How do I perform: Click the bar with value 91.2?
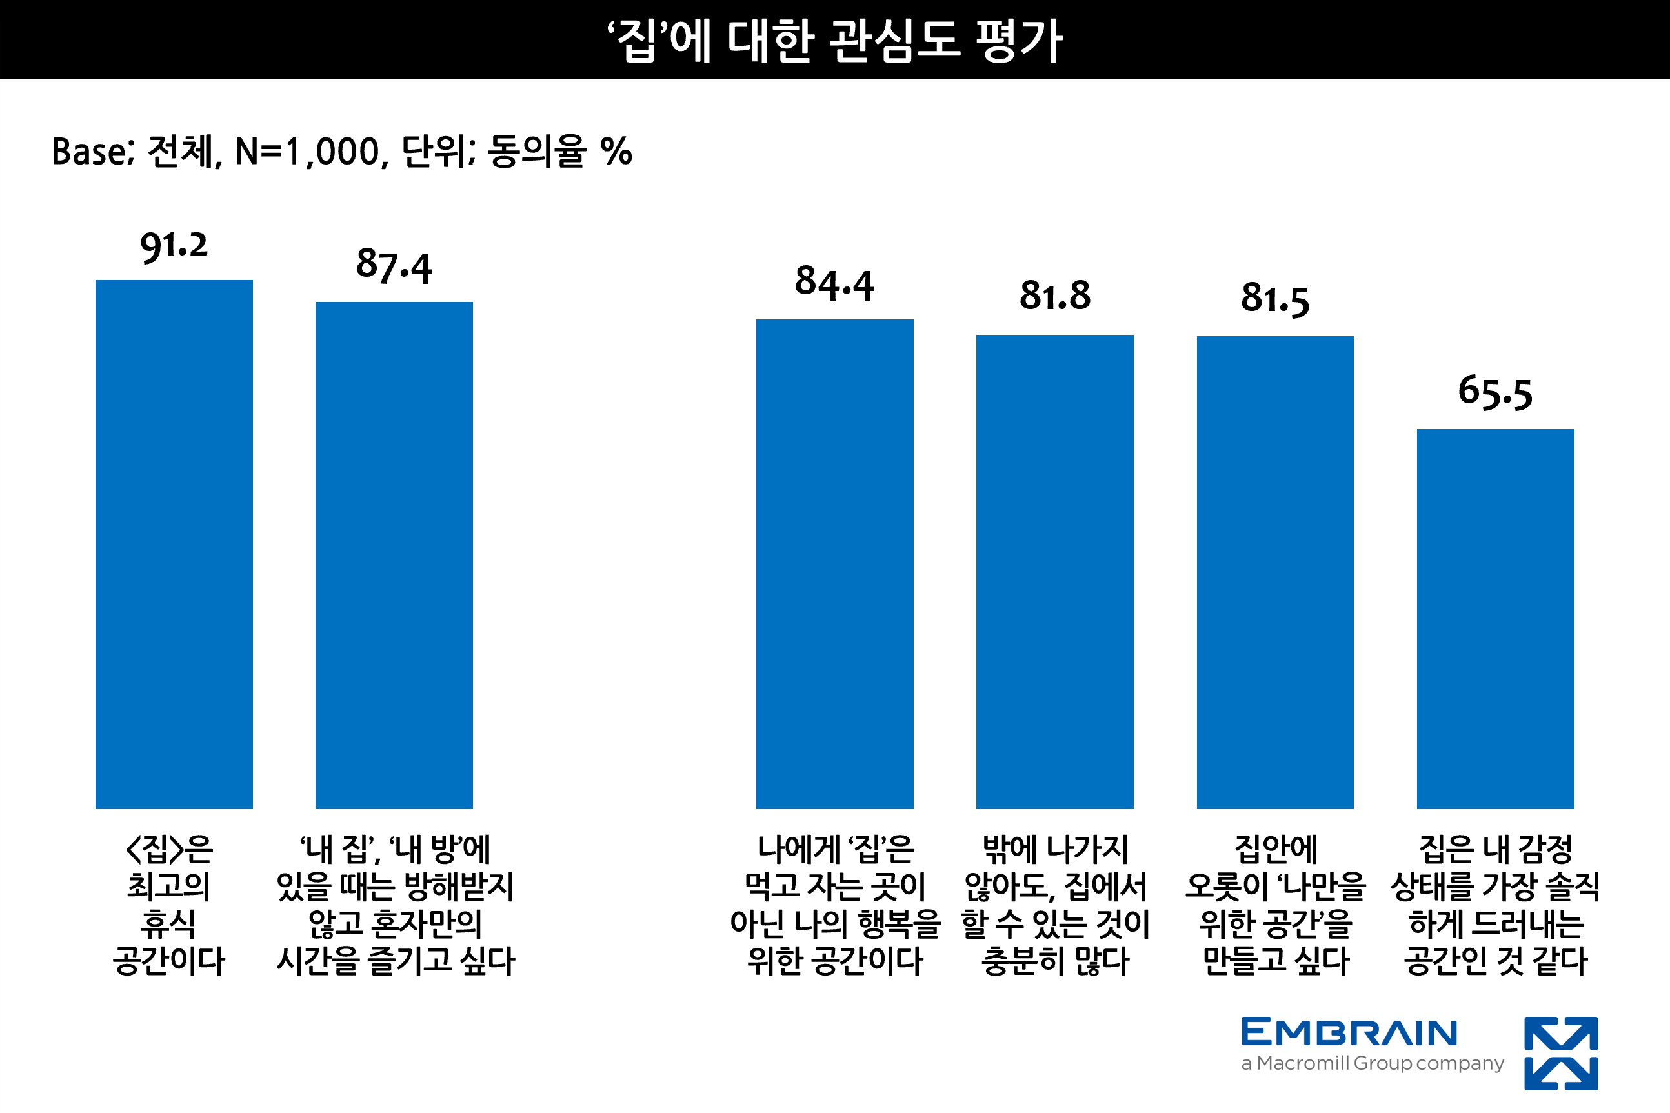[x=174, y=545]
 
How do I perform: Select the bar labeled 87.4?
[x=394, y=555]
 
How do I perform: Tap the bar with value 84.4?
[x=834, y=565]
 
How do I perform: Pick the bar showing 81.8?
[x=1054, y=572]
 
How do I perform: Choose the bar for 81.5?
[x=1274, y=572]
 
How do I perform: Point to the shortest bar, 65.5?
[x=1495, y=619]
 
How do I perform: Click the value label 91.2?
[x=174, y=246]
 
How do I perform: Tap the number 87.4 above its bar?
[x=394, y=266]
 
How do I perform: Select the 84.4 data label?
[x=834, y=284]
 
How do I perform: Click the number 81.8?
[x=1054, y=296]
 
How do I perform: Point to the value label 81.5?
[x=1274, y=299]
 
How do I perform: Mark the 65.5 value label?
[x=1495, y=392]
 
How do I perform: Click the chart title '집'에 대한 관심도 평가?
[x=834, y=41]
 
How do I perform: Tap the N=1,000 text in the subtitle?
[x=311, y=152]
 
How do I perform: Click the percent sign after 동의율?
[x=616, y=152]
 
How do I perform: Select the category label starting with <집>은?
[x=169, y=906]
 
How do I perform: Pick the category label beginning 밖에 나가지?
[x=1054, y=906]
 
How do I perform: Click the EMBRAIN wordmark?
[x=1349, y=1033]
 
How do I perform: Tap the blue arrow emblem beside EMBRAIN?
[x=1561, y=1054]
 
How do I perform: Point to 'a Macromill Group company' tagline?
[x=1372, y=1063]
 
